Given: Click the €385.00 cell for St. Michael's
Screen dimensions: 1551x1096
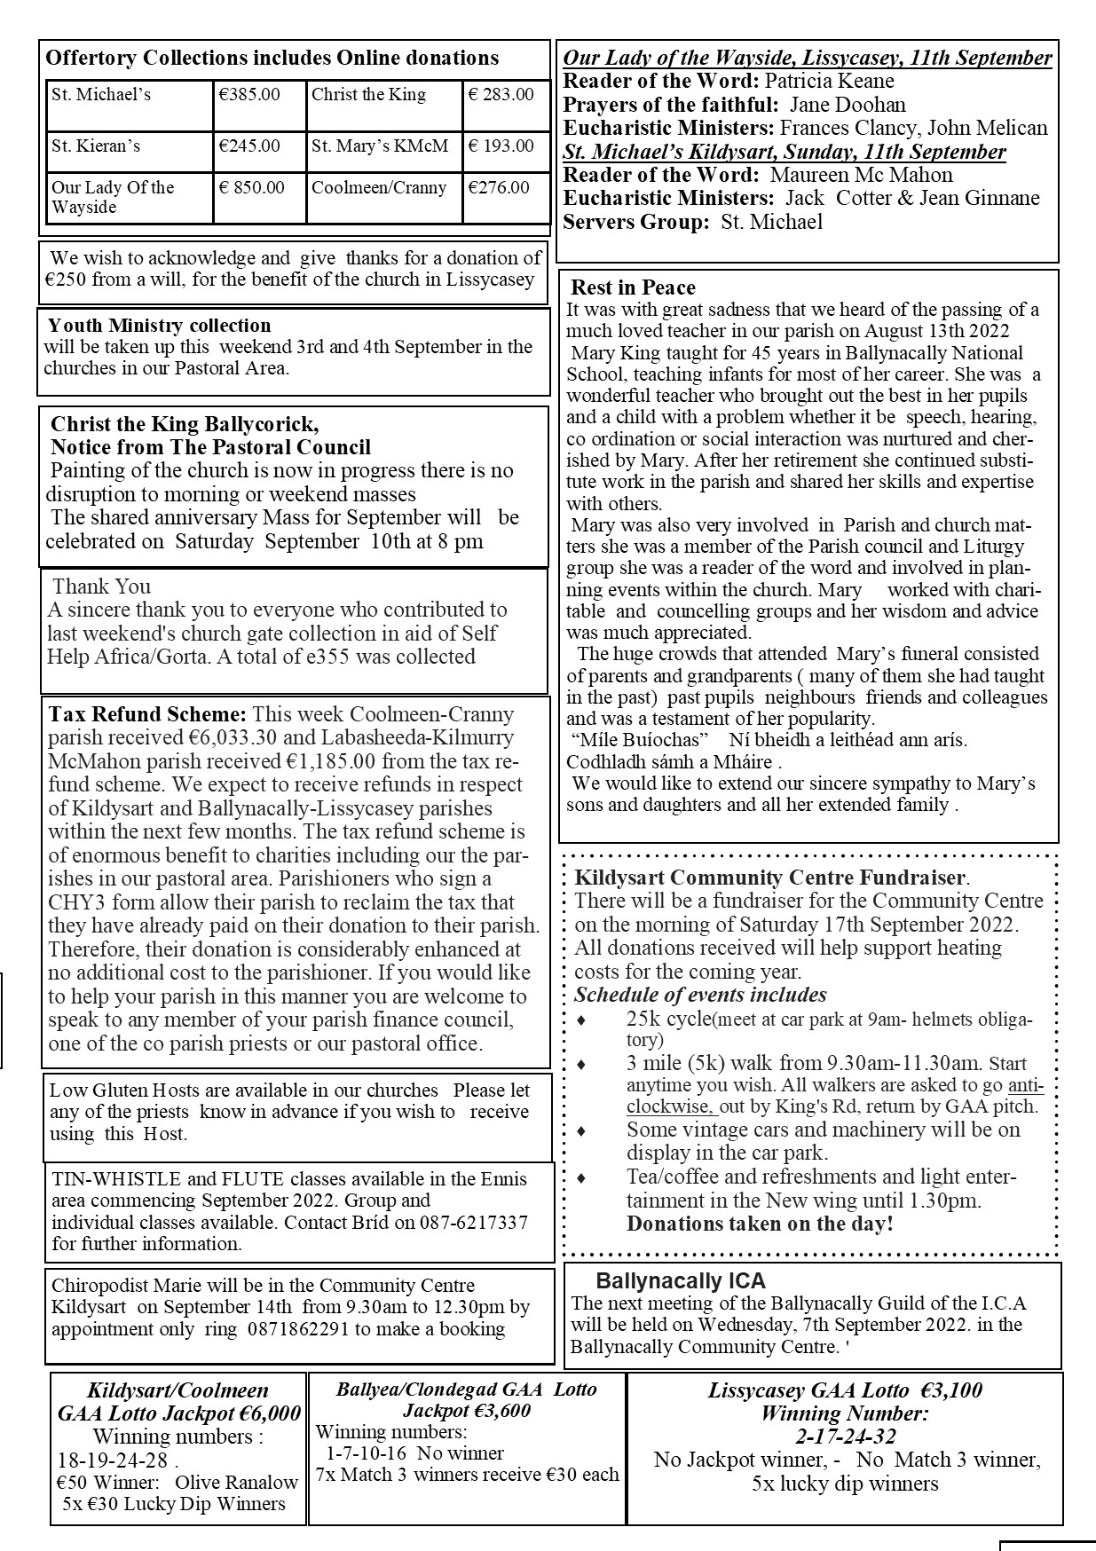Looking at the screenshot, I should (x=249, y=95).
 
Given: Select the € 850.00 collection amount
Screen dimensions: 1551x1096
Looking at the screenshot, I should (x=253, y=187).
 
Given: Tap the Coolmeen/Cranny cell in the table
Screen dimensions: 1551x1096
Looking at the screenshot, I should (x=379, y=187).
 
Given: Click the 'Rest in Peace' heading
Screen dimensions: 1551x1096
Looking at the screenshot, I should (x=633, y=287).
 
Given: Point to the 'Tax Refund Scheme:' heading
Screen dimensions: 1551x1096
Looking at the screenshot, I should (x=147, y=714).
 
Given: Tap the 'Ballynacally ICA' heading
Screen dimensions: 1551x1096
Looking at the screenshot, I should (x=681, y=1280).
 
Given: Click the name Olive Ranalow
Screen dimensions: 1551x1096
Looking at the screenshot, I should (x=236, y=1482).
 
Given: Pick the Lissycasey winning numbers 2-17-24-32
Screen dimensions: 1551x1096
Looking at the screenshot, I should (x=845, y=1436).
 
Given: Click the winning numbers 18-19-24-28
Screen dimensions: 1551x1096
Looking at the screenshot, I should (x=111, y=1460).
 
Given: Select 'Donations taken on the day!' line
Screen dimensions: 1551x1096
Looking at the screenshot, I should (x=760, y=1224).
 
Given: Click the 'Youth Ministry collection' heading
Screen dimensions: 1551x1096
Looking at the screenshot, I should (x=159, y=326).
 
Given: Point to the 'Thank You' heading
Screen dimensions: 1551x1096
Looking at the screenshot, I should (x=101, y=587).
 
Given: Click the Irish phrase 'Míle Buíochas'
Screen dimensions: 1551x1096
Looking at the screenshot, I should (x=638, y=739).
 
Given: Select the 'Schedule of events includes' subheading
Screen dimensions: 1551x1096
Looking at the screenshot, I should (x=700, y=995).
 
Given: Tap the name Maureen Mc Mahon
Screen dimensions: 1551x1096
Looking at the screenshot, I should (x=861, y=175).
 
